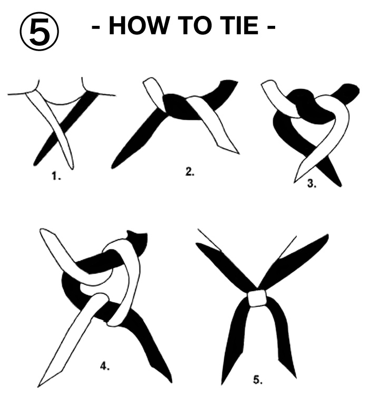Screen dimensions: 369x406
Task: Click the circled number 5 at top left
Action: pyautogui.click(x=40, y=31)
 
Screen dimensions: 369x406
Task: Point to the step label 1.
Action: pyautogui.click(x=56, y=176)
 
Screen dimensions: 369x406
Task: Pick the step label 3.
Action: pyautogui.click(x=312, y=183)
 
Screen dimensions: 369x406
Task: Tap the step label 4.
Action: pyautogui.click(x=105, y=366)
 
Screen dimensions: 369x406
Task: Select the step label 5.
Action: pyautogui.click(x=258, y=380)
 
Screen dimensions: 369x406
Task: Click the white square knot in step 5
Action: pyautogui.click(x=258, y=298)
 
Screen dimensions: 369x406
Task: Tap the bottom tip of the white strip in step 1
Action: pyautogui.click(x=72, y=169)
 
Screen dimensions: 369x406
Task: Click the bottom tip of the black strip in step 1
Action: pyautogui.click(x=35, y=165)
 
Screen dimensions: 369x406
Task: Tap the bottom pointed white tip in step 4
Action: pyautogui.click(x=39, y=386)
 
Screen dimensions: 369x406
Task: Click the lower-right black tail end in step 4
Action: pyautogui.click(x=170, y=380)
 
